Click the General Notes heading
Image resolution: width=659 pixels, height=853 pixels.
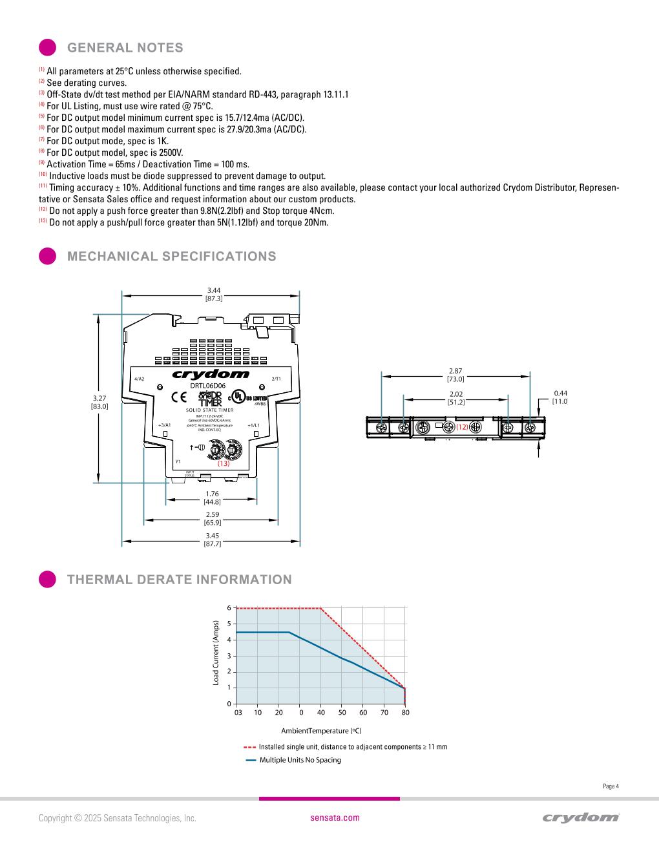[x=125, y=48]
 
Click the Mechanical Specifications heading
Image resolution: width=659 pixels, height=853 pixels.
[x=171, y=257]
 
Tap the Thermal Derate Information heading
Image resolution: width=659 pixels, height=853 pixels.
[x=179, y=580]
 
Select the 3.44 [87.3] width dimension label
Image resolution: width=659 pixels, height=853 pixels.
[x=214, y=295]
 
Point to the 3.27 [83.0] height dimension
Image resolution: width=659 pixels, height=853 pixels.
[x=99, y=403]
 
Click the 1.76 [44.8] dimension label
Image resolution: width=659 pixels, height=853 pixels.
[x=212, y=498]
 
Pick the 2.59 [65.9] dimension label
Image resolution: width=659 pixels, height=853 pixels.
[x=212, y=518]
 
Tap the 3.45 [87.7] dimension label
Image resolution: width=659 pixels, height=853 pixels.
[x=212, y=540]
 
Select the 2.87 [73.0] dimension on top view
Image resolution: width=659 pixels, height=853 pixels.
[x=455, y=375]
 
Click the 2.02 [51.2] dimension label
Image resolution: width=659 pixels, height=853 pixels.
[x=456, y=397]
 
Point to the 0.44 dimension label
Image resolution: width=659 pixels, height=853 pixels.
[x=560, y=397]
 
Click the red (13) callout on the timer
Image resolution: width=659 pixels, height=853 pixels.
[x=224, y=463]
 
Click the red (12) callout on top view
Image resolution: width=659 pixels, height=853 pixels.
[x=462, y=427]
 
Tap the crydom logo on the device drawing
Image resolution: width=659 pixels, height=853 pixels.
[x=211, y=374]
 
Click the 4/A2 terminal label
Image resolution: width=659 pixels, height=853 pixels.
[x=139, y=379]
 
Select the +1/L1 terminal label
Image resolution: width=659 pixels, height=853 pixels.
[x=253, y=425]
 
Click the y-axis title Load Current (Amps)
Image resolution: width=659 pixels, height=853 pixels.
[x=216, y=653]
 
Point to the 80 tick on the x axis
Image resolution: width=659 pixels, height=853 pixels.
[x=405, y=712]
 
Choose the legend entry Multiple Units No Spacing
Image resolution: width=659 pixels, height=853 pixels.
[x=300, y=760]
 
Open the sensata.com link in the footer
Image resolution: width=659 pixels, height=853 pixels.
[x=335, y=817]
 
